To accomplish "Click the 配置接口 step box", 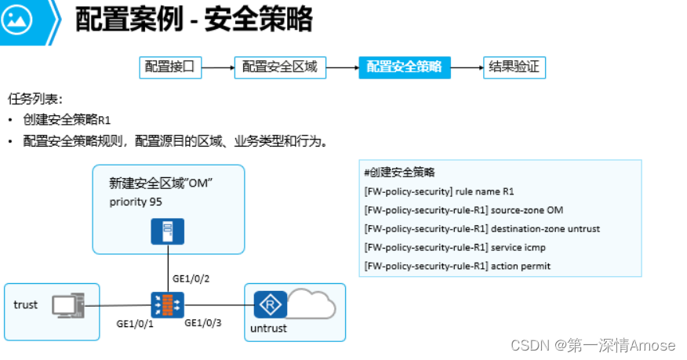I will pyautogui.click(x=170, y=67).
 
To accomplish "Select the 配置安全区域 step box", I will pyautogui.click(x=280, y=67).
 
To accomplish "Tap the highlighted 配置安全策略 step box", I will pyautogui.click(x=404, y=67).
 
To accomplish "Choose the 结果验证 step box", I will pyautogui.click(x=514, y=67).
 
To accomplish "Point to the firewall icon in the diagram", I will pyautogui.click(x=167, y=304).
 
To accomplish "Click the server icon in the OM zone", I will pyautogui.click(x=167, y=231).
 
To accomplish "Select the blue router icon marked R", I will pyautogui.click(x=269, y=304).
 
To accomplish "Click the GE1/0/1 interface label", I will pyautogui.click(x=136, y=323).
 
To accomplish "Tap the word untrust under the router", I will pyautogui.click(x=268, y=328).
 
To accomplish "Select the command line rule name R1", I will pyautogui.click(x=439, y=191).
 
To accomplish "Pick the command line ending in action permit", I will pyautogui.click(x=457, y=267).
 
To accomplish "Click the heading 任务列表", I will pyautogui.click(x=35, y=100).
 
